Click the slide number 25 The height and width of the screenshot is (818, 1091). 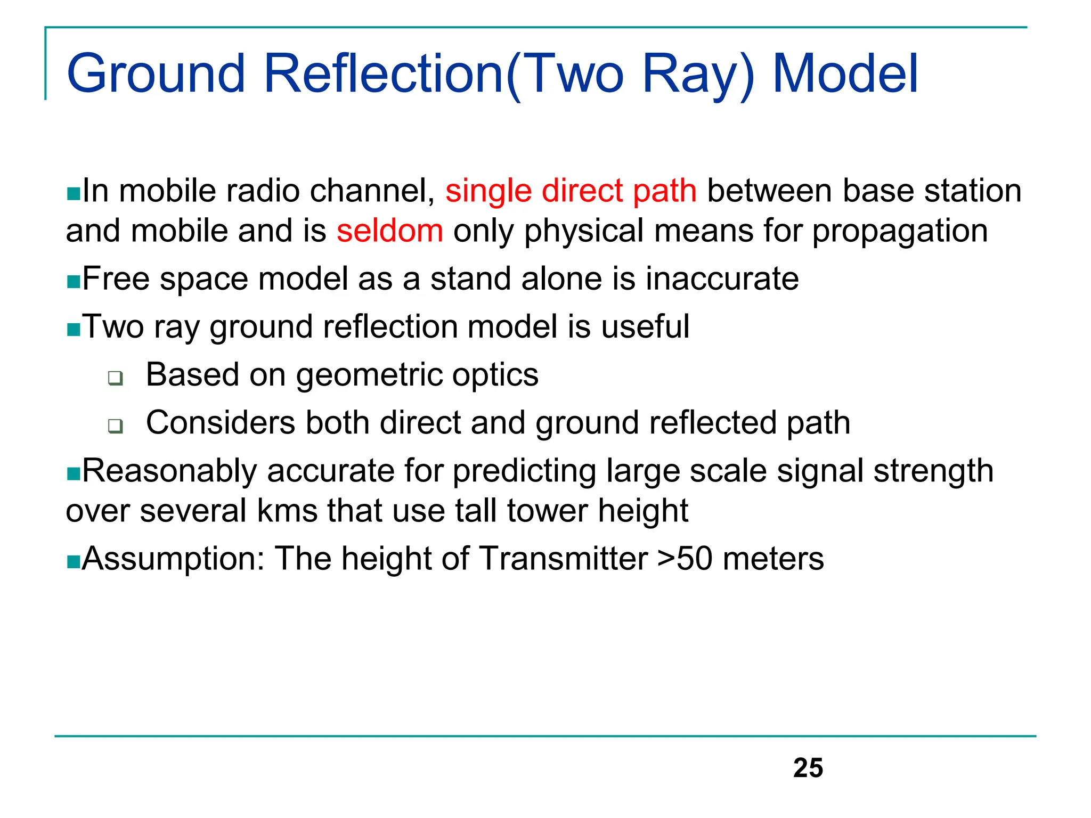(808, 768)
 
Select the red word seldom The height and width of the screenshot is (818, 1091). (389, 231)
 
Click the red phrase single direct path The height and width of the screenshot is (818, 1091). (571, 191)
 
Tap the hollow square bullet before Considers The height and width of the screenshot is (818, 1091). (115, 426)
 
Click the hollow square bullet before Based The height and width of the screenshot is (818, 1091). (115, 378)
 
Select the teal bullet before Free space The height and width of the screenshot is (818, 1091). (73, 281)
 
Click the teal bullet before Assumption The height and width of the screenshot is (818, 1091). (73, 561)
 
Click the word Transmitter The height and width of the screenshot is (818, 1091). (563, 559)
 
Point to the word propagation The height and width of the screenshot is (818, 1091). (899, 232)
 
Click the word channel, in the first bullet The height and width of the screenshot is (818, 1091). (372, 191)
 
